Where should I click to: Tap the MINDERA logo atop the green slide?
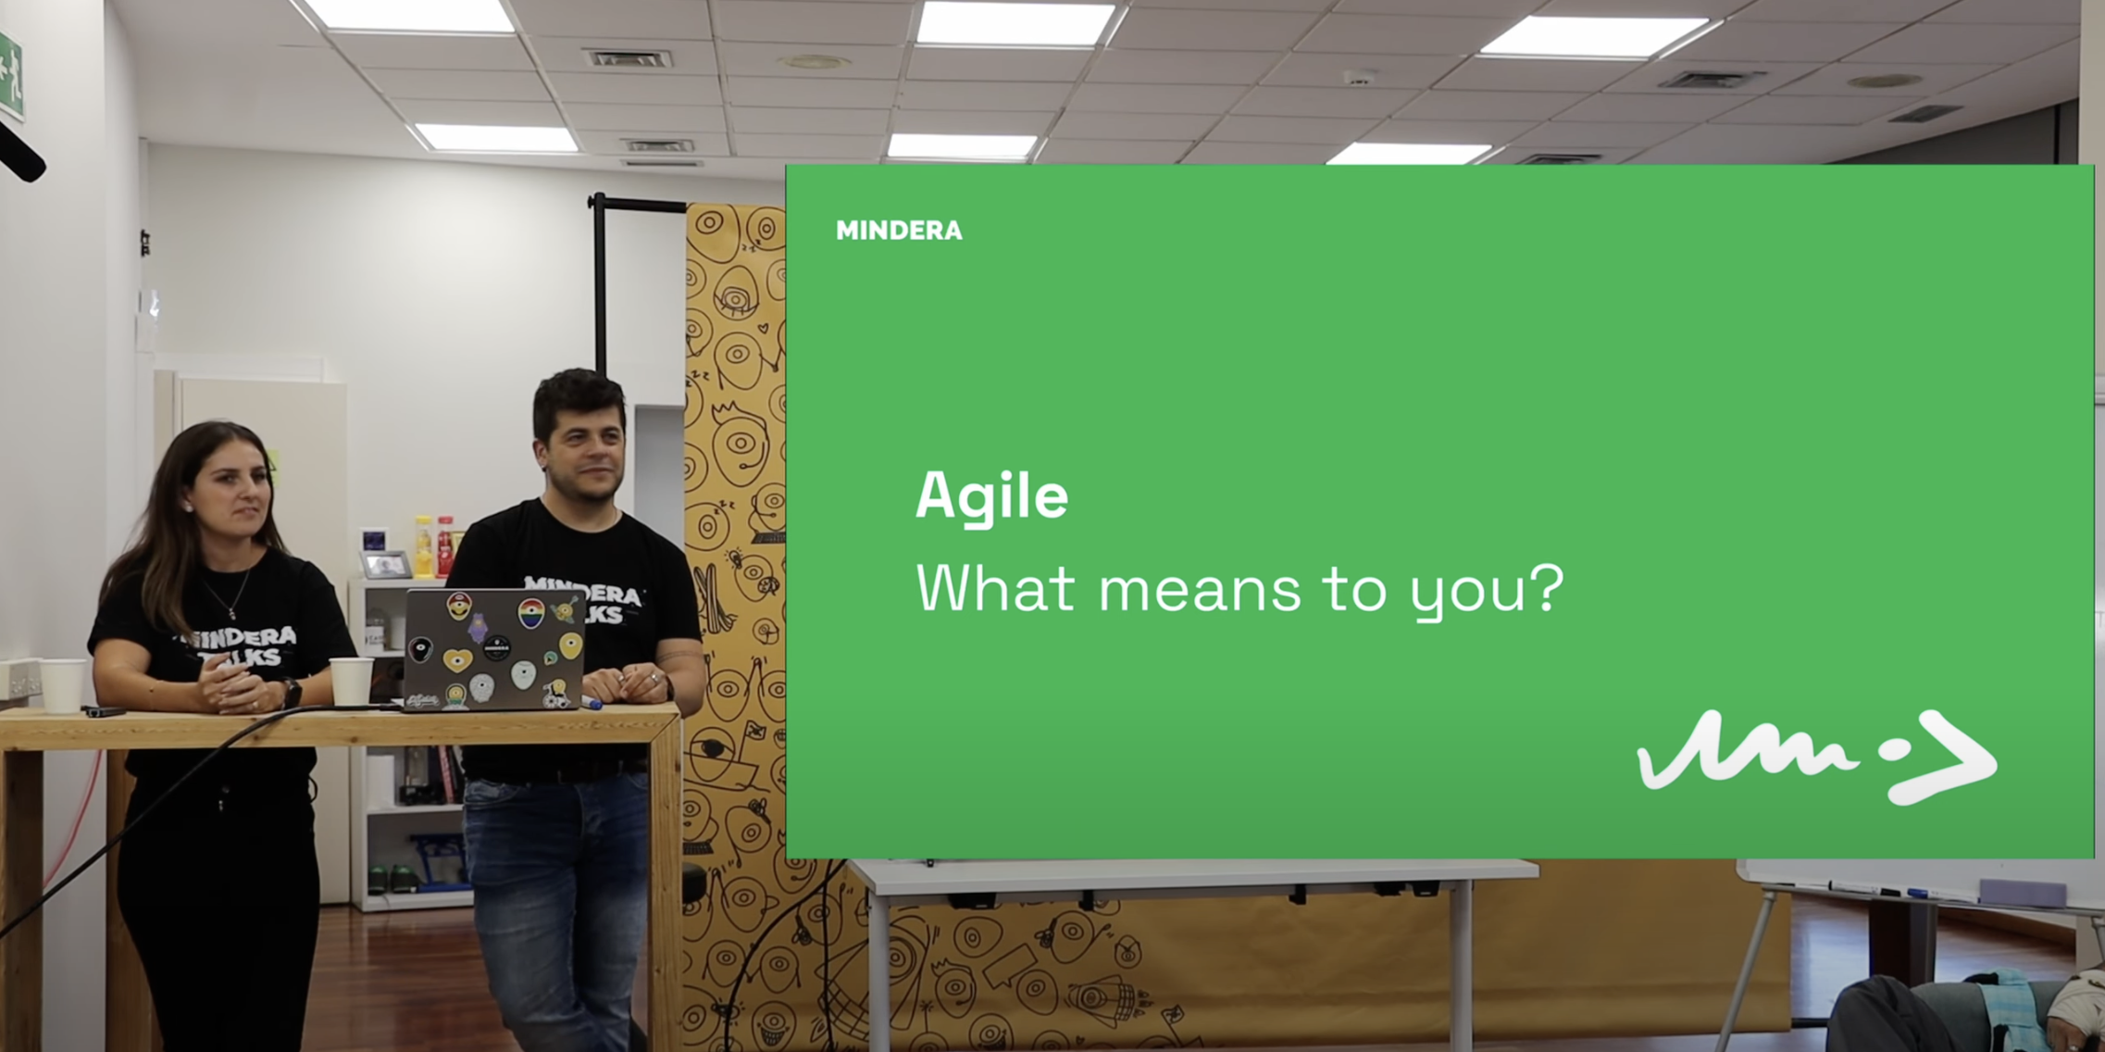tap(899, 231)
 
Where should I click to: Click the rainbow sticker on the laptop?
tap(530, 613)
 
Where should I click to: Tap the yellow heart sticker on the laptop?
tap(457, 659)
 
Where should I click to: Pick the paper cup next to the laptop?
tap(352, 681)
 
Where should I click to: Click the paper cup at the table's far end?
tap(63, 685)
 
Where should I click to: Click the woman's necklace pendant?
tap(231, 612)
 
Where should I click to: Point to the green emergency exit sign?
tap(10, 77)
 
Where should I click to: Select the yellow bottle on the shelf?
tap(423, 546)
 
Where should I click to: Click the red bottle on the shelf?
tap(445, 546)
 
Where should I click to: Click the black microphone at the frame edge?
tap(19, 153)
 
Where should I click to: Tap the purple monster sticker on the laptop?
tap(478, 627)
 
